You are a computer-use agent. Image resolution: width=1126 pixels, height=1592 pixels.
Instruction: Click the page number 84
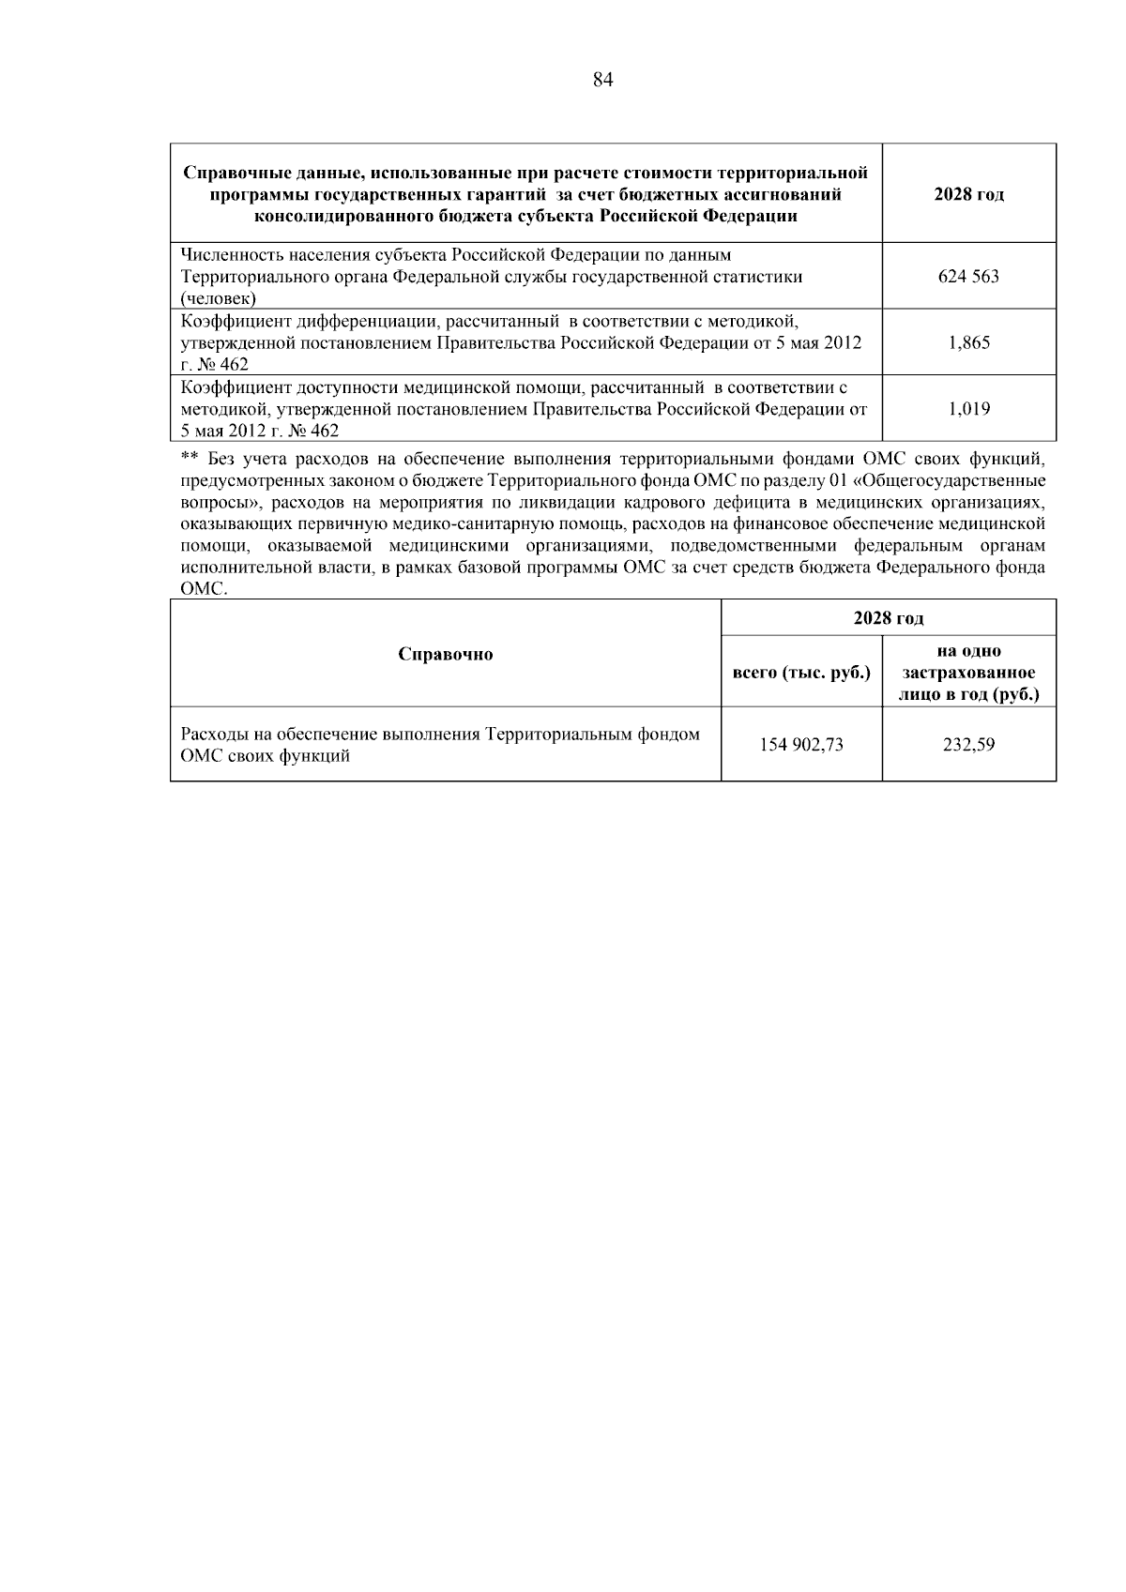coord(603,81)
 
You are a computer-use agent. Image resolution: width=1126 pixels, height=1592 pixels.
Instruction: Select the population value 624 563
coord(968,277)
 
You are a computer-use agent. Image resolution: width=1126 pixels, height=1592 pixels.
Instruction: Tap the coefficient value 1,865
coord(968,342)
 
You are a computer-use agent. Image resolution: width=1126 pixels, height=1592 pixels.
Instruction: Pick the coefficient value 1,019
coord(968,409)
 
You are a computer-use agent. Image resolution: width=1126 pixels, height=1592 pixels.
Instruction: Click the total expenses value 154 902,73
coord(801,745)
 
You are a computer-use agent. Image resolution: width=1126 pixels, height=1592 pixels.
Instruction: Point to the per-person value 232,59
coord(968,745)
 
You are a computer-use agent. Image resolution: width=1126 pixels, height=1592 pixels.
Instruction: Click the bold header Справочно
coord(445,654)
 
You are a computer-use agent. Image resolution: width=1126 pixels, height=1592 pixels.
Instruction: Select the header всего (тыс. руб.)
coord(801,673)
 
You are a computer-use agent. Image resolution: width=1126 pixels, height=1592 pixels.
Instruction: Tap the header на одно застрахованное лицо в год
coord(968,673)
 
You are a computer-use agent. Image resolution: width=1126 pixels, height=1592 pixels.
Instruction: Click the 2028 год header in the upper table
coord(968,195)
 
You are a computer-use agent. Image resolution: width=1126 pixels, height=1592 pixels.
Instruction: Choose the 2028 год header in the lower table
coord(888,618)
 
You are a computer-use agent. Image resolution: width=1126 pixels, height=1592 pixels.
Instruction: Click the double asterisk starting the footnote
coord(189,459)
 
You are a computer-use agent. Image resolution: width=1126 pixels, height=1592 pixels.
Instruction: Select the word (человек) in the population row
coord(218,298)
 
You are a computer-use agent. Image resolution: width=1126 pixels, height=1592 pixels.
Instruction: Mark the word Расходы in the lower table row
coord(210,735)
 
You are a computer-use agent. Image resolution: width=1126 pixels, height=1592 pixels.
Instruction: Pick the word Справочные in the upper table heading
coord(230,173)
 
